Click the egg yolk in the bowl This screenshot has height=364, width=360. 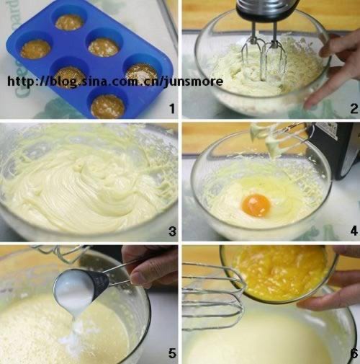[256, 205]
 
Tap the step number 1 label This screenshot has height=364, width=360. [172, 109]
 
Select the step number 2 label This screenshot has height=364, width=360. [354, 109]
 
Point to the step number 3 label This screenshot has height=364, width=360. [172, 231]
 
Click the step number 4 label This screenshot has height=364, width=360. [354, 231]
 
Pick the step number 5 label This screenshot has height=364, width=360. [172, 353]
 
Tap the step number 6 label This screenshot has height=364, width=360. [354, 353]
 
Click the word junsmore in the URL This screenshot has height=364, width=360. [194, 81]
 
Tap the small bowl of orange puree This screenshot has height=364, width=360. [279, 274]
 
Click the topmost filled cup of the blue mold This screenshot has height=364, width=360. [69, 22]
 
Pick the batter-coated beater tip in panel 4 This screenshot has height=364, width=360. [272, 146]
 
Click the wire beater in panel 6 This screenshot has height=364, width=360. [214, 296]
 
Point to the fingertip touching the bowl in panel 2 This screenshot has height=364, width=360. [310, 104]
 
